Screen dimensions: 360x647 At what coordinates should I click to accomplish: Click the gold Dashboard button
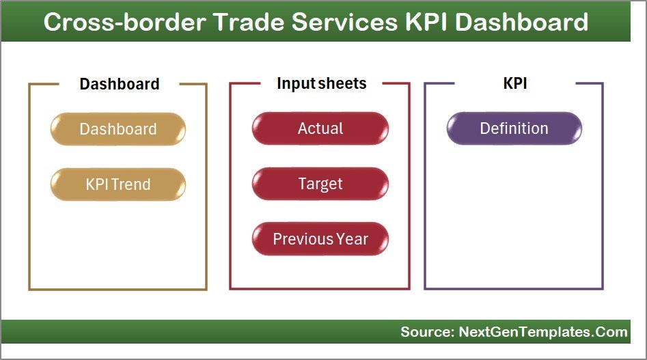click(x=118, y=129)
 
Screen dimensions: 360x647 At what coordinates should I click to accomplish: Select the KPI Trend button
click(x=118, y=184)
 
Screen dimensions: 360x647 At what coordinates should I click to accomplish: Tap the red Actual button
click(x=320, y=128)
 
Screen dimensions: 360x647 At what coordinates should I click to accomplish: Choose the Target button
click(x=320, y=184)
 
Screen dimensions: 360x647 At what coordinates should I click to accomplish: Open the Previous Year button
click(x=320, y=239)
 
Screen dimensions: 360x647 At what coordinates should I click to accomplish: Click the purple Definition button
click(x=514, y=128)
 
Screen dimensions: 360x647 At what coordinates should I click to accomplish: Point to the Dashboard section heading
click(x=120, y=84)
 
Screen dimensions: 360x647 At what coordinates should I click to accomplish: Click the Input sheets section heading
click(x=321, y=83)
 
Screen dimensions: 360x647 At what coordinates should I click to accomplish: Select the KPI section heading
click(x=514, y=83)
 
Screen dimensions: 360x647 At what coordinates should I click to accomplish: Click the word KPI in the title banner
click(x=428, y=22)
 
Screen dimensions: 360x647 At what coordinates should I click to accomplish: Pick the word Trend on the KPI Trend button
click(x=133, y=184)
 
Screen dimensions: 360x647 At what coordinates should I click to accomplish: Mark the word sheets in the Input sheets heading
click(x=342, y=83)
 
